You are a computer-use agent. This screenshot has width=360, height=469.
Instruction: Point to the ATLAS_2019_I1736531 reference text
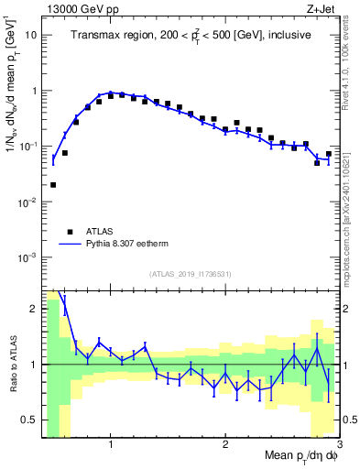click(191, 273)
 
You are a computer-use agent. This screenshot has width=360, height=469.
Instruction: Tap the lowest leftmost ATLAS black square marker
click(53, 185)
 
